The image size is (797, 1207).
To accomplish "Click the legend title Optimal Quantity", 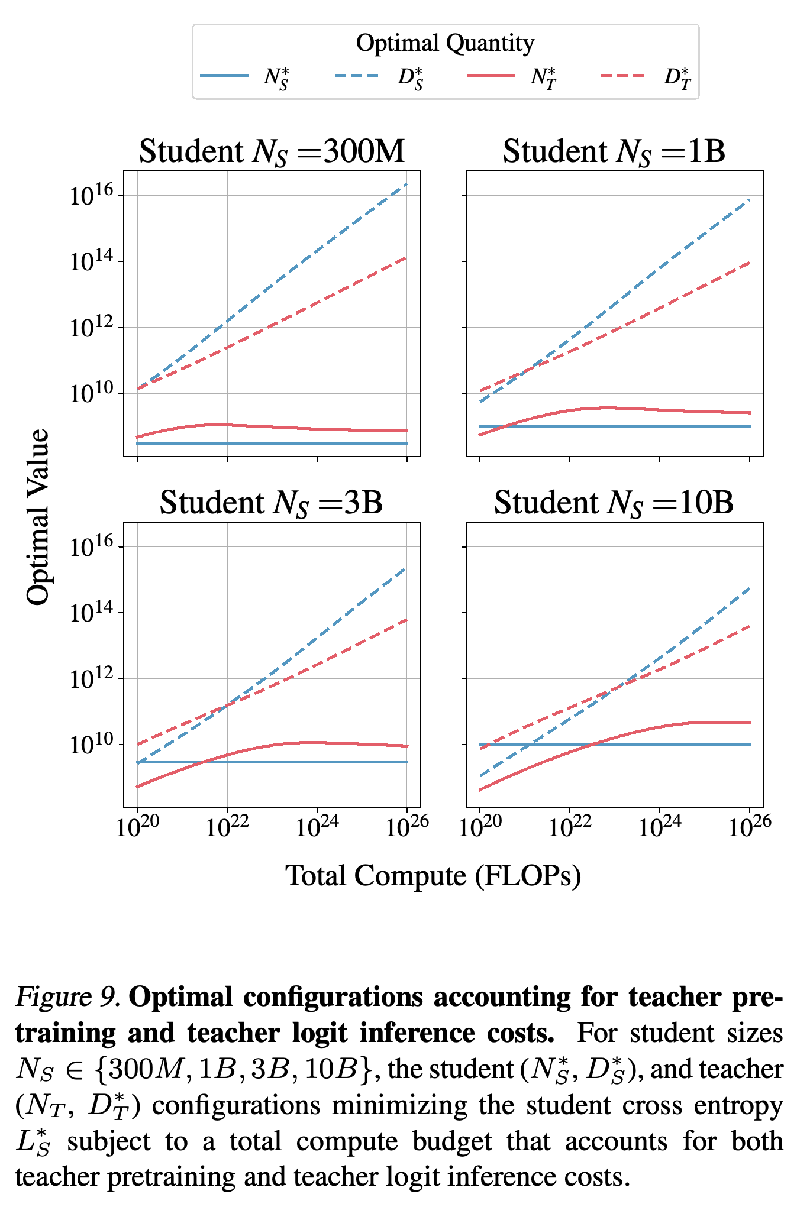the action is click(445, 43).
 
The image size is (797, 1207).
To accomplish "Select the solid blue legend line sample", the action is click(224, 76).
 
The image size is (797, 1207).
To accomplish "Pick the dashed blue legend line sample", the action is click(357, 76).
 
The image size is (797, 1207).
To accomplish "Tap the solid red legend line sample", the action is click(491, 76).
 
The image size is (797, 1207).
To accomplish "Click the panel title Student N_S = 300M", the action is click(272, 151).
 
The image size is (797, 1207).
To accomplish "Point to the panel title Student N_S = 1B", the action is click(614, 151).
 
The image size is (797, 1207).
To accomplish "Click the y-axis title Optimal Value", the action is click(38, 517).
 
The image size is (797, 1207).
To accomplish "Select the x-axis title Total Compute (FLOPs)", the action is click(434, 876).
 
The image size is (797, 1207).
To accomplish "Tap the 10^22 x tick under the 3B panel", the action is click(228, 826).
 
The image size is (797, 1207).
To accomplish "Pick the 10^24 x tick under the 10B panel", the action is click(660, 826).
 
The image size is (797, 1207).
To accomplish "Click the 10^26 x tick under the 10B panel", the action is click(750, 826).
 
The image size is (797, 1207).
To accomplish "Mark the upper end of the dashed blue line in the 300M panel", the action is click(407, 183).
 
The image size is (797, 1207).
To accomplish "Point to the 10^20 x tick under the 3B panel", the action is click(138, 826).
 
